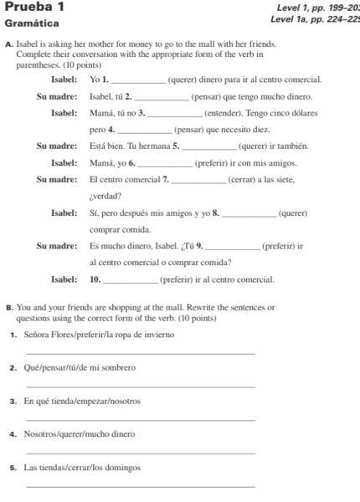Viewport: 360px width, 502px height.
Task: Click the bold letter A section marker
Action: click(x=8, y=45)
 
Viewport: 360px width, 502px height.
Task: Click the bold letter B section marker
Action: click(x=8, y=310)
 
